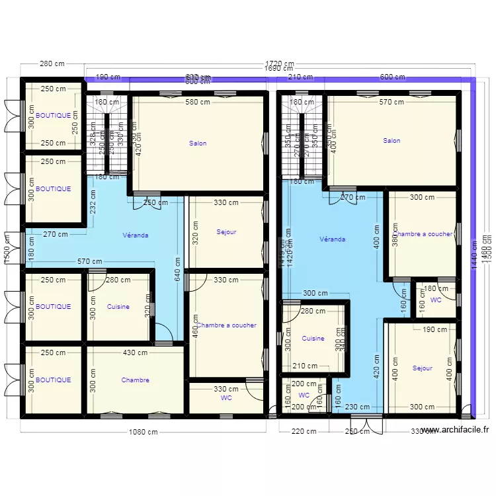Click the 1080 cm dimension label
pyautogui.click(x=143, y=433)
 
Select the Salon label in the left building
pyautogui.click(x=198, y=143)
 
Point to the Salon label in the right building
pyautogui.click(x=392, y=140)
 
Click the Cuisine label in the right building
pyautogui.click(x=313, y=339)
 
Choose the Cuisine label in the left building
pyautogui.click(x=118, y=307)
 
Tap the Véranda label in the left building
pyautogui.click(x=136, y=235)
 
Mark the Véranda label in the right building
pyautogui.click(x=332, y=239)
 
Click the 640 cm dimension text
pyautogui.click(x=177, y=269)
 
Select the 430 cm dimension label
pyautogui.click(x=135, y=353)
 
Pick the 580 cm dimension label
pyautogui.click(x=198, y=102)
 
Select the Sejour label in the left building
pyautogui.click(x=226, y=232)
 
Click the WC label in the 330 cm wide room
pyautogui.click(x=226, y=399)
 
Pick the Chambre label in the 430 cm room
pyautogui.click(x=135, y=380)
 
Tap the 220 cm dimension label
pyautogui.click(x=304, y=432)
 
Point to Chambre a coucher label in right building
pyautogui.click(x=423, y=234)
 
